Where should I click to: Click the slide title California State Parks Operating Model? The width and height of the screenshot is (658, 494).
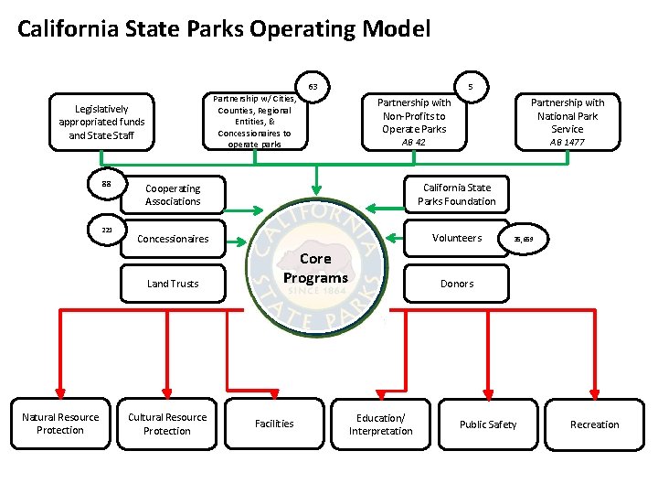[x=224, y=29]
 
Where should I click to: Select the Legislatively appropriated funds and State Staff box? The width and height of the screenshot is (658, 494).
[x=101, y=122]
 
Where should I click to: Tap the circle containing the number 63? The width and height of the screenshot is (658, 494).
[x=313, y=88]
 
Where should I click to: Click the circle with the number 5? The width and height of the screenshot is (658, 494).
[x=471, y=88]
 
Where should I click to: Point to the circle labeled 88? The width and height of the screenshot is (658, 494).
[x=106, y=184]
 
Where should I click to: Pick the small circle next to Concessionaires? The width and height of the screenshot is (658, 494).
[x=106, y=230]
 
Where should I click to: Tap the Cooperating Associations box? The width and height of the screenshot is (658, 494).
[x=173, y=195]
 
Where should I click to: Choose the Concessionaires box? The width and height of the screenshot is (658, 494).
[x=173, y=239]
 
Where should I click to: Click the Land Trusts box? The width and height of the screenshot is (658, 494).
[x=173, y=284]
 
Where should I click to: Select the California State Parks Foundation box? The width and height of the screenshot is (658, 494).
[x=456, y=195]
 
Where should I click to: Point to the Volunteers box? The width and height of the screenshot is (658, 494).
[x=456, y=238]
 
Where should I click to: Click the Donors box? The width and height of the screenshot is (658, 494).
[x=456, y=284]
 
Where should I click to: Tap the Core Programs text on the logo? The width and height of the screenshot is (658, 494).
[x=315, y=268]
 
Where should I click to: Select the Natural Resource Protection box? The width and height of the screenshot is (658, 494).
[x=60, y=424]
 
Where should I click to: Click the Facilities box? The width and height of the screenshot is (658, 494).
[x=274, y=424]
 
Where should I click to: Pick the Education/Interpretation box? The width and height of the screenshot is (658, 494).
[x=380, y=424]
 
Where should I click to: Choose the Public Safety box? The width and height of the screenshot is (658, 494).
[x=487, y=424]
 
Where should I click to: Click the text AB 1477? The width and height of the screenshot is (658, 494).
[x=568, y=143]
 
